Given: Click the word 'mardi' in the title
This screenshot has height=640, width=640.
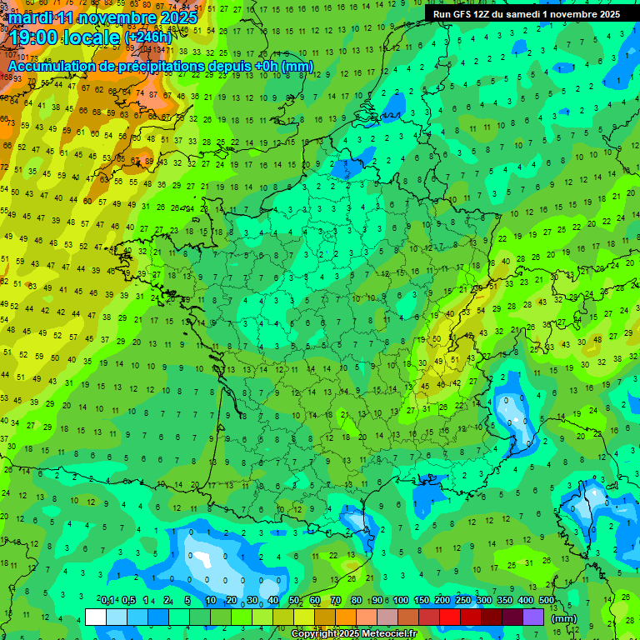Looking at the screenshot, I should pyautogui.click(x=31, y=17).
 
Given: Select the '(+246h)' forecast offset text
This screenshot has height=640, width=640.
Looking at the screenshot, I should pyautogui.click(x=147, y=37).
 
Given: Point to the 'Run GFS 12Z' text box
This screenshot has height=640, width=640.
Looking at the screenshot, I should pyautogui.click(x=526, y=14).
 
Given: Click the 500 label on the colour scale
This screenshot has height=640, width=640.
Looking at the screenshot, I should pyautogui.click(x=546, y=600).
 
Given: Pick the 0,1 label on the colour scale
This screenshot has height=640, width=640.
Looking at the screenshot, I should pyautogui.click(x=107, y=600).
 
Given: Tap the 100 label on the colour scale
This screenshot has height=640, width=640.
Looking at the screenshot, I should pyautogui.click(x=400, y=600).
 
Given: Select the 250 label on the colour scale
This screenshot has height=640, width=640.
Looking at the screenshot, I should pyautogui.click(x=462, y=600).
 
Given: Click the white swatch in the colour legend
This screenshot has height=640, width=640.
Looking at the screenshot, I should pyautogui.click(x=96, y=617).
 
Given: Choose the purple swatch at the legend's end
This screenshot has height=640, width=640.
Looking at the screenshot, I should pyautogui.click(x=533, y=617).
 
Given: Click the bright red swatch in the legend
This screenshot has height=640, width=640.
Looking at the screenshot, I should pyautogui.click(x=450, y=617).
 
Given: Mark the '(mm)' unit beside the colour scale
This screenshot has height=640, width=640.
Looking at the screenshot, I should pyautogui.click(x=564, y=618).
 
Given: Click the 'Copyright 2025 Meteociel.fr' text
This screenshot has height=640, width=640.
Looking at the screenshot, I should pyautogui.click(x=353, y=634).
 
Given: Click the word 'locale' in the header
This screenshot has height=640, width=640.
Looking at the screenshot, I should pyautogui.click(x=94, y=37).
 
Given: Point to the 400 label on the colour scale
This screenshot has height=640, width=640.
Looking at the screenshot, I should pyautogui.click(x=525, y=600).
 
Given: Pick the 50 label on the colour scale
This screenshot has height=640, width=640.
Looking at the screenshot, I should pyautogui.click(x=294, y=600).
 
